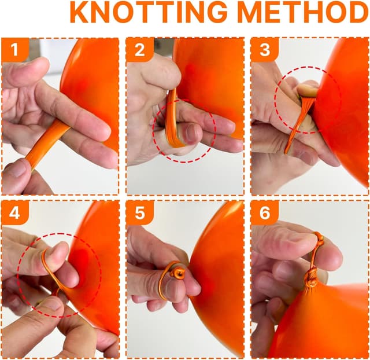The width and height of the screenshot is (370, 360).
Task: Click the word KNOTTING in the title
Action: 149,12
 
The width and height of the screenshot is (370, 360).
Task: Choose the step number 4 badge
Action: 15,212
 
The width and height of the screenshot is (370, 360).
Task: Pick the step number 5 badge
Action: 140,212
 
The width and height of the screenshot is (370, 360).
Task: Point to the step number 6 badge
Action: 265,212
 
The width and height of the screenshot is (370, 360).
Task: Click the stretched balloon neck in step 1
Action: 47,144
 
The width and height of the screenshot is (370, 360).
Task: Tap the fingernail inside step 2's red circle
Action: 193,133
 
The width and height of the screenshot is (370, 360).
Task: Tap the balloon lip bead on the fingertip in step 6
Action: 319,238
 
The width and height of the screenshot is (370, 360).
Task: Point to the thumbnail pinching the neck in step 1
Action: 17,168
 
